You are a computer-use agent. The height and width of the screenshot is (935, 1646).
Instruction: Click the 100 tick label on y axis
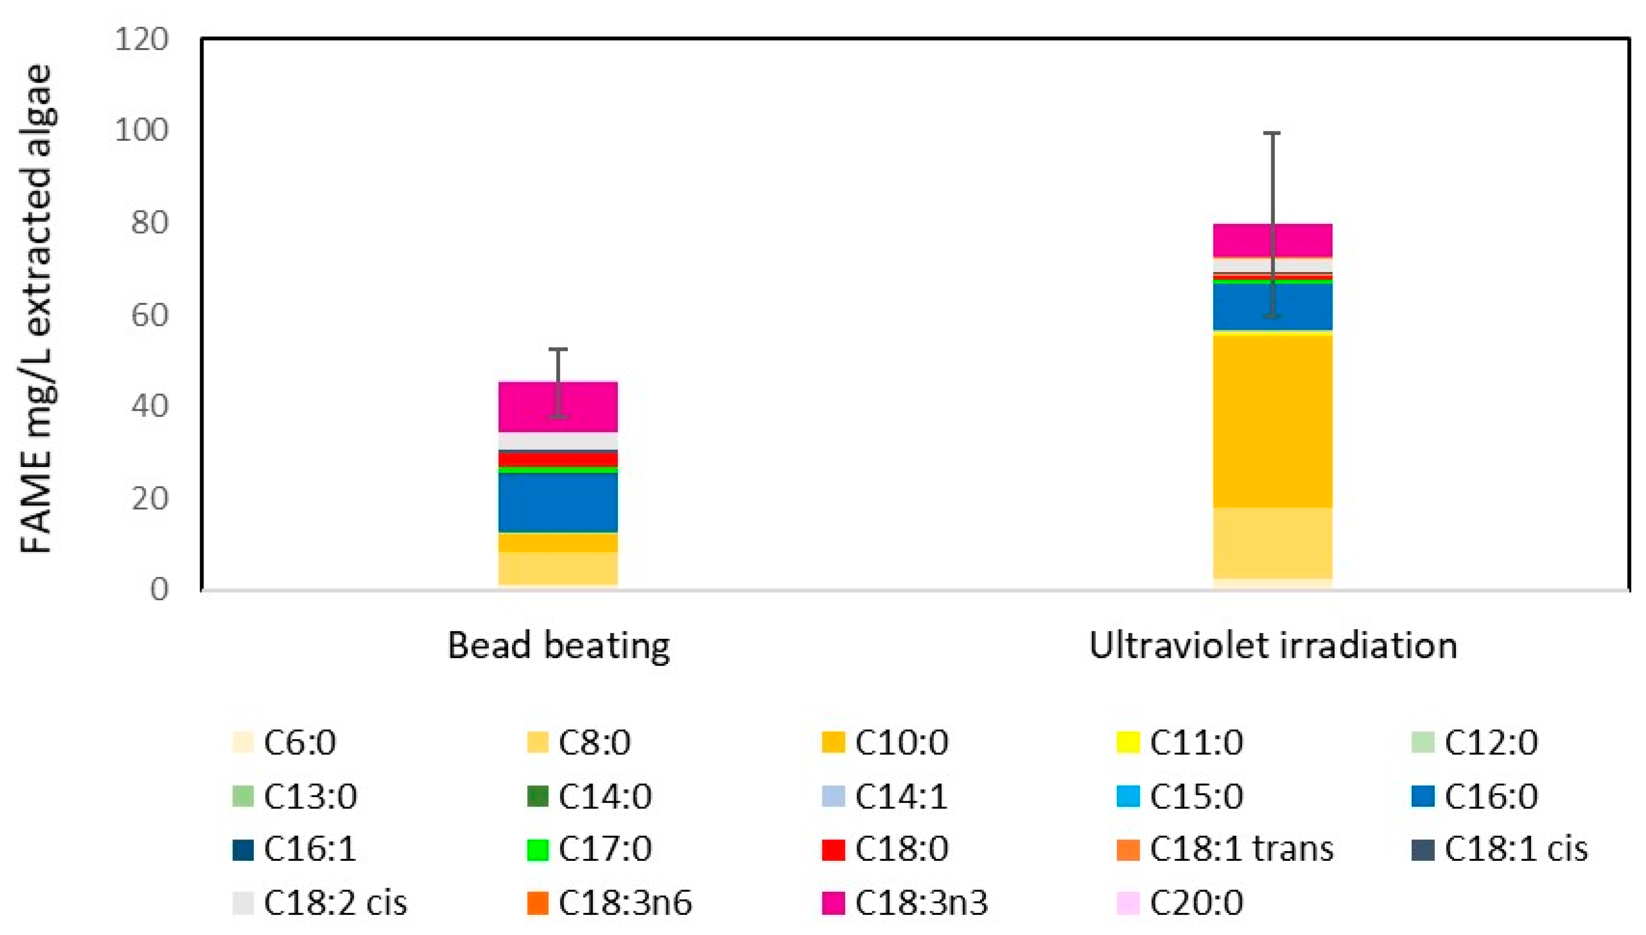[140, 130]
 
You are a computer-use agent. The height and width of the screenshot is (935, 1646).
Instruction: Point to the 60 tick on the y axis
[149, 315]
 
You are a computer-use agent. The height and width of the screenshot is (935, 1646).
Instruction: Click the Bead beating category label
[558, 645]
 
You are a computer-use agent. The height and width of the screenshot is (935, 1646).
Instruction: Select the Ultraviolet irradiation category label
[1273, 645]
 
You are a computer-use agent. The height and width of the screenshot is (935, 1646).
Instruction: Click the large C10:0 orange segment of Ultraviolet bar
[1273, 421]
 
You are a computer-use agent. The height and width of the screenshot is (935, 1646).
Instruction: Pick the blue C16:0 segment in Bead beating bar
[558, 502]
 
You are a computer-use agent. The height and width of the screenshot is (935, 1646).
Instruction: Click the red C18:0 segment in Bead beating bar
[558, 459]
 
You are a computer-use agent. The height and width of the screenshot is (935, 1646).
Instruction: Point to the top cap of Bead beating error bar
[558, 350]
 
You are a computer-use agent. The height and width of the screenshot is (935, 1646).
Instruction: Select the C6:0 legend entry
[286, 743]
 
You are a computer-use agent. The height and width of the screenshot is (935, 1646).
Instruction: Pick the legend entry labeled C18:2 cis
[321, 903]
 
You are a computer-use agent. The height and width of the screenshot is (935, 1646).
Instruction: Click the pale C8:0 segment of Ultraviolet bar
[1273, 543]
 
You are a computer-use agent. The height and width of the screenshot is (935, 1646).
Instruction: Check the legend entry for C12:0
[1476, 743]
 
